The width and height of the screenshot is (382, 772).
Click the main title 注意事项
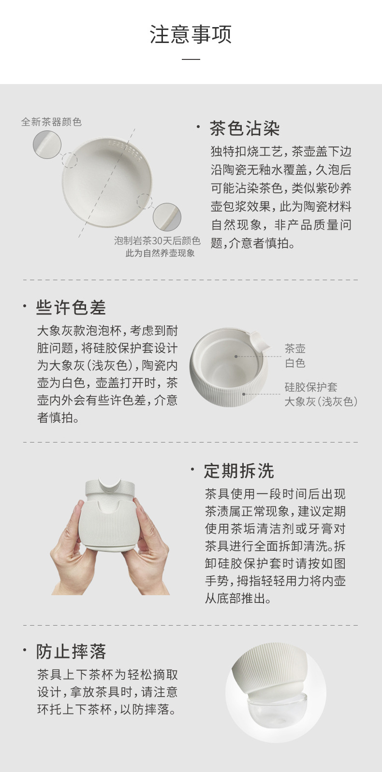[191, 34]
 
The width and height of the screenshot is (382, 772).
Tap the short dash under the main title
[191, 59]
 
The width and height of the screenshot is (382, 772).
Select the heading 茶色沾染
[245, 129]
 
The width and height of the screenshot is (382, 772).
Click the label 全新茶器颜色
[51, 122]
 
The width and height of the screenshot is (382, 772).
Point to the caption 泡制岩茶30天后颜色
[157, 241]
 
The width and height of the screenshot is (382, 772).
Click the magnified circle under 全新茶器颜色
[47, 145]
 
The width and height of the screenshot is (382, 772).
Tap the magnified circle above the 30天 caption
[167, 217]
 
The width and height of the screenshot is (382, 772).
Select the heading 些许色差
[71, 307]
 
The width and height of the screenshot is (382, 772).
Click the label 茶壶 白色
[295, 356]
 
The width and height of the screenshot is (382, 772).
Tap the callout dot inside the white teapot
[236, 357]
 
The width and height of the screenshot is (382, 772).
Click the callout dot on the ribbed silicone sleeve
[244, 394]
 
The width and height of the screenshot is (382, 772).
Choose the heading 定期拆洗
[239, 471]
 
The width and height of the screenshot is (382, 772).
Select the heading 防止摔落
[71, 651]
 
